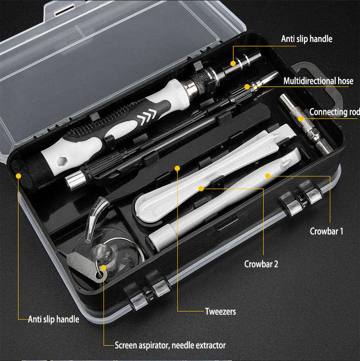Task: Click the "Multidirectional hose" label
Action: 318,81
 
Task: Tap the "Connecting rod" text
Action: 334,112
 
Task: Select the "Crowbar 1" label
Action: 326,231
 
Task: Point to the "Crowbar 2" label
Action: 261,264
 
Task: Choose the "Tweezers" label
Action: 220,312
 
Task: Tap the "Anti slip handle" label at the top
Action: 306,39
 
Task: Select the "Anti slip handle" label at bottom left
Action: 53,319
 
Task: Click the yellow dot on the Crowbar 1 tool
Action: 267,175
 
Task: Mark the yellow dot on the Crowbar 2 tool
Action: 201,188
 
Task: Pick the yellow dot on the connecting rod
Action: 300,119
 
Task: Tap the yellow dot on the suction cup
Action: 104,268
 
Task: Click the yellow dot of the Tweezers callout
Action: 177,168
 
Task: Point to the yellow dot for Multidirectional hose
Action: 247,87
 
